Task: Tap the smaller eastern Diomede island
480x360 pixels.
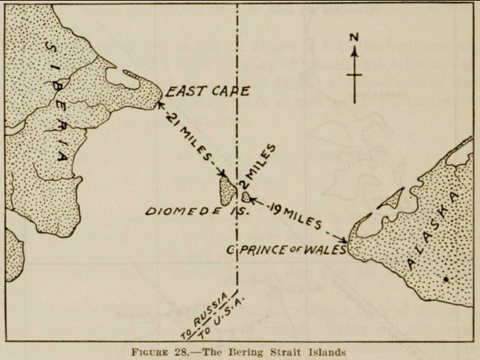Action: (246, 197)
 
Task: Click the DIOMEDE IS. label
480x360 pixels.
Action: (195, 211)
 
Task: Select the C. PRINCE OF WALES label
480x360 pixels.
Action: (287, 249)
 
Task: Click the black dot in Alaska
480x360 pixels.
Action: (446, 279)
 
